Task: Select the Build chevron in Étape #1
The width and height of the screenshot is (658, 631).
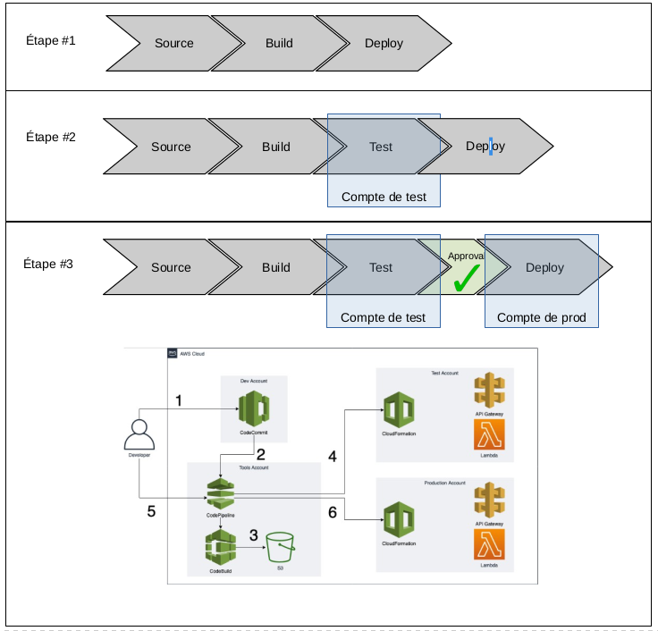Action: [280, 43]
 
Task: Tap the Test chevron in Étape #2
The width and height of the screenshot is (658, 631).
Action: [381, 147]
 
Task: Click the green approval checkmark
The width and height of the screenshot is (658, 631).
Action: [465, 280]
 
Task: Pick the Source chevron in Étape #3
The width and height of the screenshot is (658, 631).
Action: [171, 267]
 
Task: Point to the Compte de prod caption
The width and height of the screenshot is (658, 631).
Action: [540, 317]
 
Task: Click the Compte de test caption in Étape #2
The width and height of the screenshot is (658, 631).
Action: [384, 198]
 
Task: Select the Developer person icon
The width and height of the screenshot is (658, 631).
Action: [139, 433]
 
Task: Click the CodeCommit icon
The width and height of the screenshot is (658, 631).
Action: [253, 410]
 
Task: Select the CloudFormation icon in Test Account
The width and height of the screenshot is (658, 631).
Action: [400, 412]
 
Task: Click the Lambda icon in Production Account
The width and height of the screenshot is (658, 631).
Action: [489, 545]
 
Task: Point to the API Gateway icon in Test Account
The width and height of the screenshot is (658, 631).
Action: [489, 391]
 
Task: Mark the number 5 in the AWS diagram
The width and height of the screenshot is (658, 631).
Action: [151, 512]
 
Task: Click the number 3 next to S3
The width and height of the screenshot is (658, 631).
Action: [254, 535]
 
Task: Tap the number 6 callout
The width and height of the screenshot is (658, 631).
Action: [333, 512]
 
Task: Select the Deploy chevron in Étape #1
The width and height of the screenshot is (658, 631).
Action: [384, 43]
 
